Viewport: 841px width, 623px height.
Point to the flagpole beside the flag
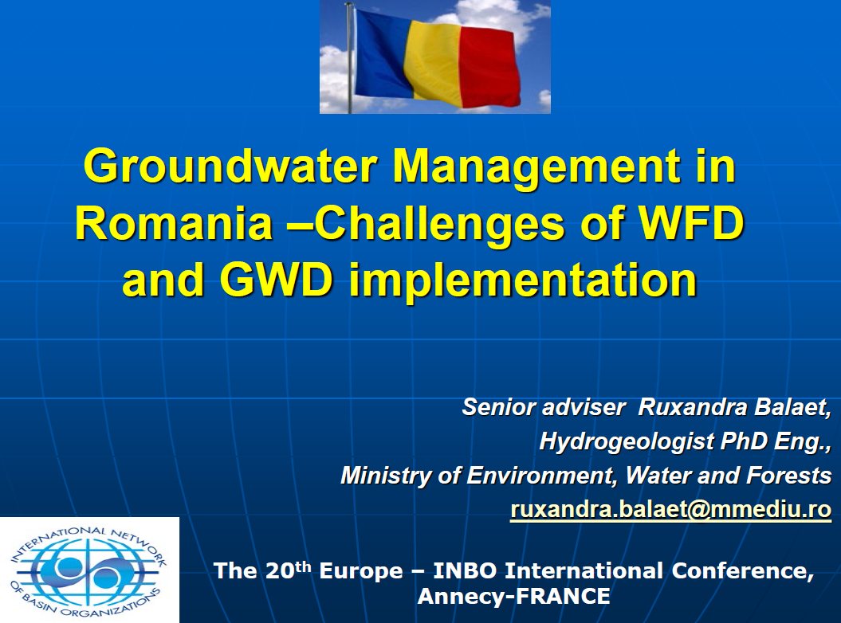[348, 56]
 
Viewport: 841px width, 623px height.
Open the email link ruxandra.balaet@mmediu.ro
[670, 509]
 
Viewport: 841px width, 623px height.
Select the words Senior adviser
[543, 407]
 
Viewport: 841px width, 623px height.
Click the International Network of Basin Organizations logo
[89, 570]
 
